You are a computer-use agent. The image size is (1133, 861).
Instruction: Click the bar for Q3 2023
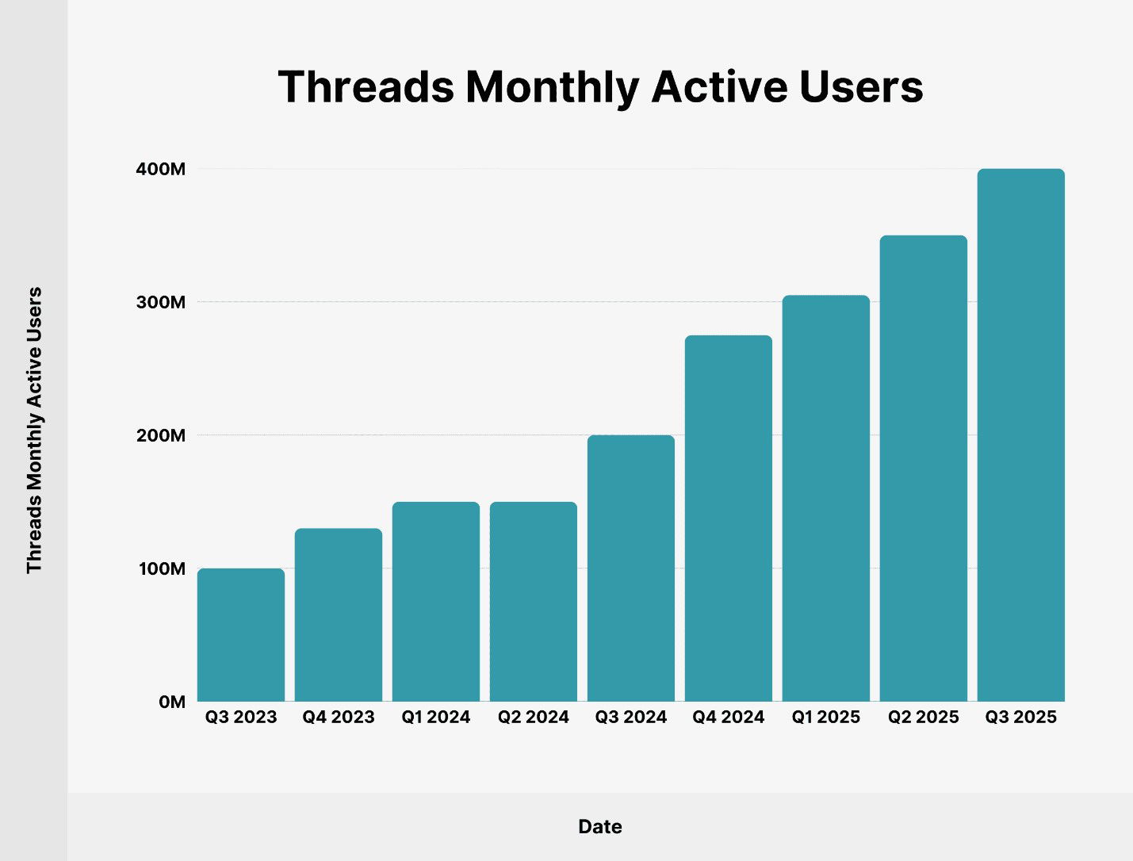pos(241,635)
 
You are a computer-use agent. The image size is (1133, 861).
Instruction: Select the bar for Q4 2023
pos(339,615)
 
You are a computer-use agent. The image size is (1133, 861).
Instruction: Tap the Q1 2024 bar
pos(436,602)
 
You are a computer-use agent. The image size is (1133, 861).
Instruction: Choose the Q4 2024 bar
pos(729,519)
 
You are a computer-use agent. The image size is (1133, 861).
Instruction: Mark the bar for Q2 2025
pos(924,469)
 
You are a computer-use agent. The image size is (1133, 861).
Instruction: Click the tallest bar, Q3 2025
pos(1021,435)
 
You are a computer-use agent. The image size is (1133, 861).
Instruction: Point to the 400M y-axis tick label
pos(161,169)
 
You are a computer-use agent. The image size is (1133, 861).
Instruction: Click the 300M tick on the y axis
pos(161,302)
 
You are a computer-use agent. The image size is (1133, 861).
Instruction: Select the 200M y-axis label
pos(161,435)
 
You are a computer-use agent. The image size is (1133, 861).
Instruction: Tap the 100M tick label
pos(162,568)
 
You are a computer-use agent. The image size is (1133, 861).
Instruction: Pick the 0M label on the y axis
pos(172,702)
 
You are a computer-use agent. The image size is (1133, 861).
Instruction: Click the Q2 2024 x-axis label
pos(534,717)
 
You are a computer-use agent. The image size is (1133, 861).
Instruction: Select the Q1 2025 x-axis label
pos(826,717)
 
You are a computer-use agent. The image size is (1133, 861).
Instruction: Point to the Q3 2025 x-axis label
pos(1021,717)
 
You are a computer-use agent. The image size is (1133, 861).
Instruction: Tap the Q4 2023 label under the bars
pos(339,717)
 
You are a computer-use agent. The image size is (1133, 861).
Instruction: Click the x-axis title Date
pos(600,827)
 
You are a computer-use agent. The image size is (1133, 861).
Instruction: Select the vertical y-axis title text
pos(34,430)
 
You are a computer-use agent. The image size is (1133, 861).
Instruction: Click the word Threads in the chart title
pos(366,86)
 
